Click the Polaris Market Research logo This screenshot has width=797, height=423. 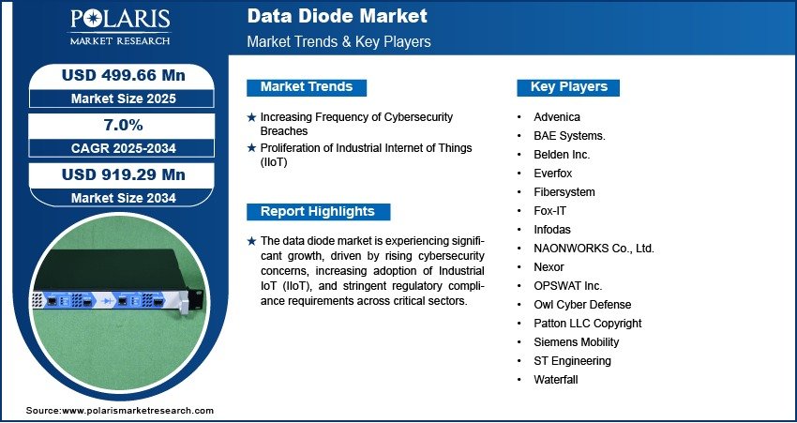pyautogui.click(x=120, y=27)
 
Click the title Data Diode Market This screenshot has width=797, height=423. pyautogui.click(x=337, y=16)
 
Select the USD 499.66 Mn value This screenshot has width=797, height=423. pyautogui.click(x=124, y=75)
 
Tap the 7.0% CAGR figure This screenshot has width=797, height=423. pyautogui.click(x=124, y=125)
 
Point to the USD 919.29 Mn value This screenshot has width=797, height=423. pyautogui.click(x=124, y=174)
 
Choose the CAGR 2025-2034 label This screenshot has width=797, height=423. pyautogui.click(x=124, y=148)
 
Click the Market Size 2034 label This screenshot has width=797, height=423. pyautogui.click(x=124, y=198)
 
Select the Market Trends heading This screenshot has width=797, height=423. pyautogui.click(x=307, y=87)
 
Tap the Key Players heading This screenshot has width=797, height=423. pyautogui.click(x=569, y=87)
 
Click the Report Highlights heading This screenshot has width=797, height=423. pyautogui.click(x=318, y=212)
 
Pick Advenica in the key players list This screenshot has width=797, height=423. pyautogui.click(x=557, y=117)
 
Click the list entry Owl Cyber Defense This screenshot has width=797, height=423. pyautogui.click(x=582, y=305)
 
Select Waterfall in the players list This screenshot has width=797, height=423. pyautogui.click(x=556, y=379)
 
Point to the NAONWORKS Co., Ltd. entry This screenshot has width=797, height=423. pyautogui.click(x=594, y=249)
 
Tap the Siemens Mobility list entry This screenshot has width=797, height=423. pyautogui.click(x=577, y=342)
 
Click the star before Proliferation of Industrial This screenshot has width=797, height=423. pyautogui.click(x=251, y=148)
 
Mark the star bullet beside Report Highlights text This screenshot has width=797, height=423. pyautogui.click(x=251, y=241)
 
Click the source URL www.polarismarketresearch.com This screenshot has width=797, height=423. pyautogui.click(x=138, y=410)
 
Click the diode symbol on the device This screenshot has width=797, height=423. pyautogui.click(x=107, y=300)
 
